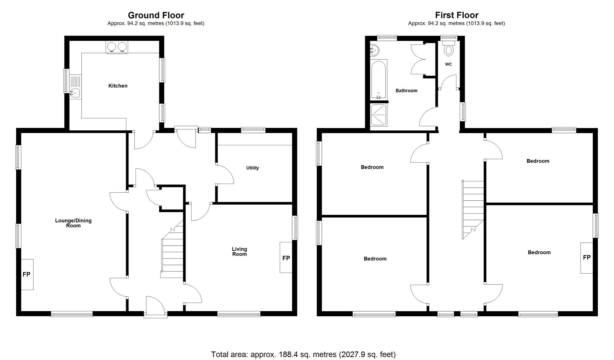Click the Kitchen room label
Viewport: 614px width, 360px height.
click(118, 86)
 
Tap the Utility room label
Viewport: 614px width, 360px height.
click(252, 168)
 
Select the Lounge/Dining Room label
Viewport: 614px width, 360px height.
click(73, 223)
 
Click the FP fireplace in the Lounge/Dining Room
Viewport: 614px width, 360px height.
click(27, 274)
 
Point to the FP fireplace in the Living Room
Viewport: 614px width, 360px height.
click(286, 258)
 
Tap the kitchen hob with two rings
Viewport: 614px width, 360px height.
click(117, 47)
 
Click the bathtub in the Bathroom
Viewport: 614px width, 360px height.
click(379, 79)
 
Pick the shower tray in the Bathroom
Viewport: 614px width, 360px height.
click(379, 115)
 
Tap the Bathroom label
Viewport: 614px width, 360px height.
click(406, 91)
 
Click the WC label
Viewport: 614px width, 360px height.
click(448, 64)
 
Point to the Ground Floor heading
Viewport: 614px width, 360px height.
click(156, 15)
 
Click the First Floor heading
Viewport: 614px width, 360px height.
click(456, 15)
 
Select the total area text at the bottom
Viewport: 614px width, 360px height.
click(303, 354)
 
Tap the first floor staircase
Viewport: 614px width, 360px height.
click(472, 210)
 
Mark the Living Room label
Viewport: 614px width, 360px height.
click(239, 251)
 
